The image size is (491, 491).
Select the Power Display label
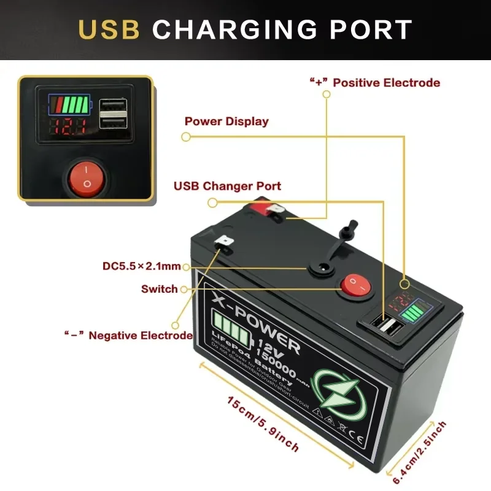point(226,121)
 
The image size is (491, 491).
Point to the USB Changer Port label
point(227,185)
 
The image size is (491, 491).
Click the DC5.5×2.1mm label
point(142,266)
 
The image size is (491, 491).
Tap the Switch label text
point(159,288)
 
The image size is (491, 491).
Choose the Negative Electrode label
point(129,335)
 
